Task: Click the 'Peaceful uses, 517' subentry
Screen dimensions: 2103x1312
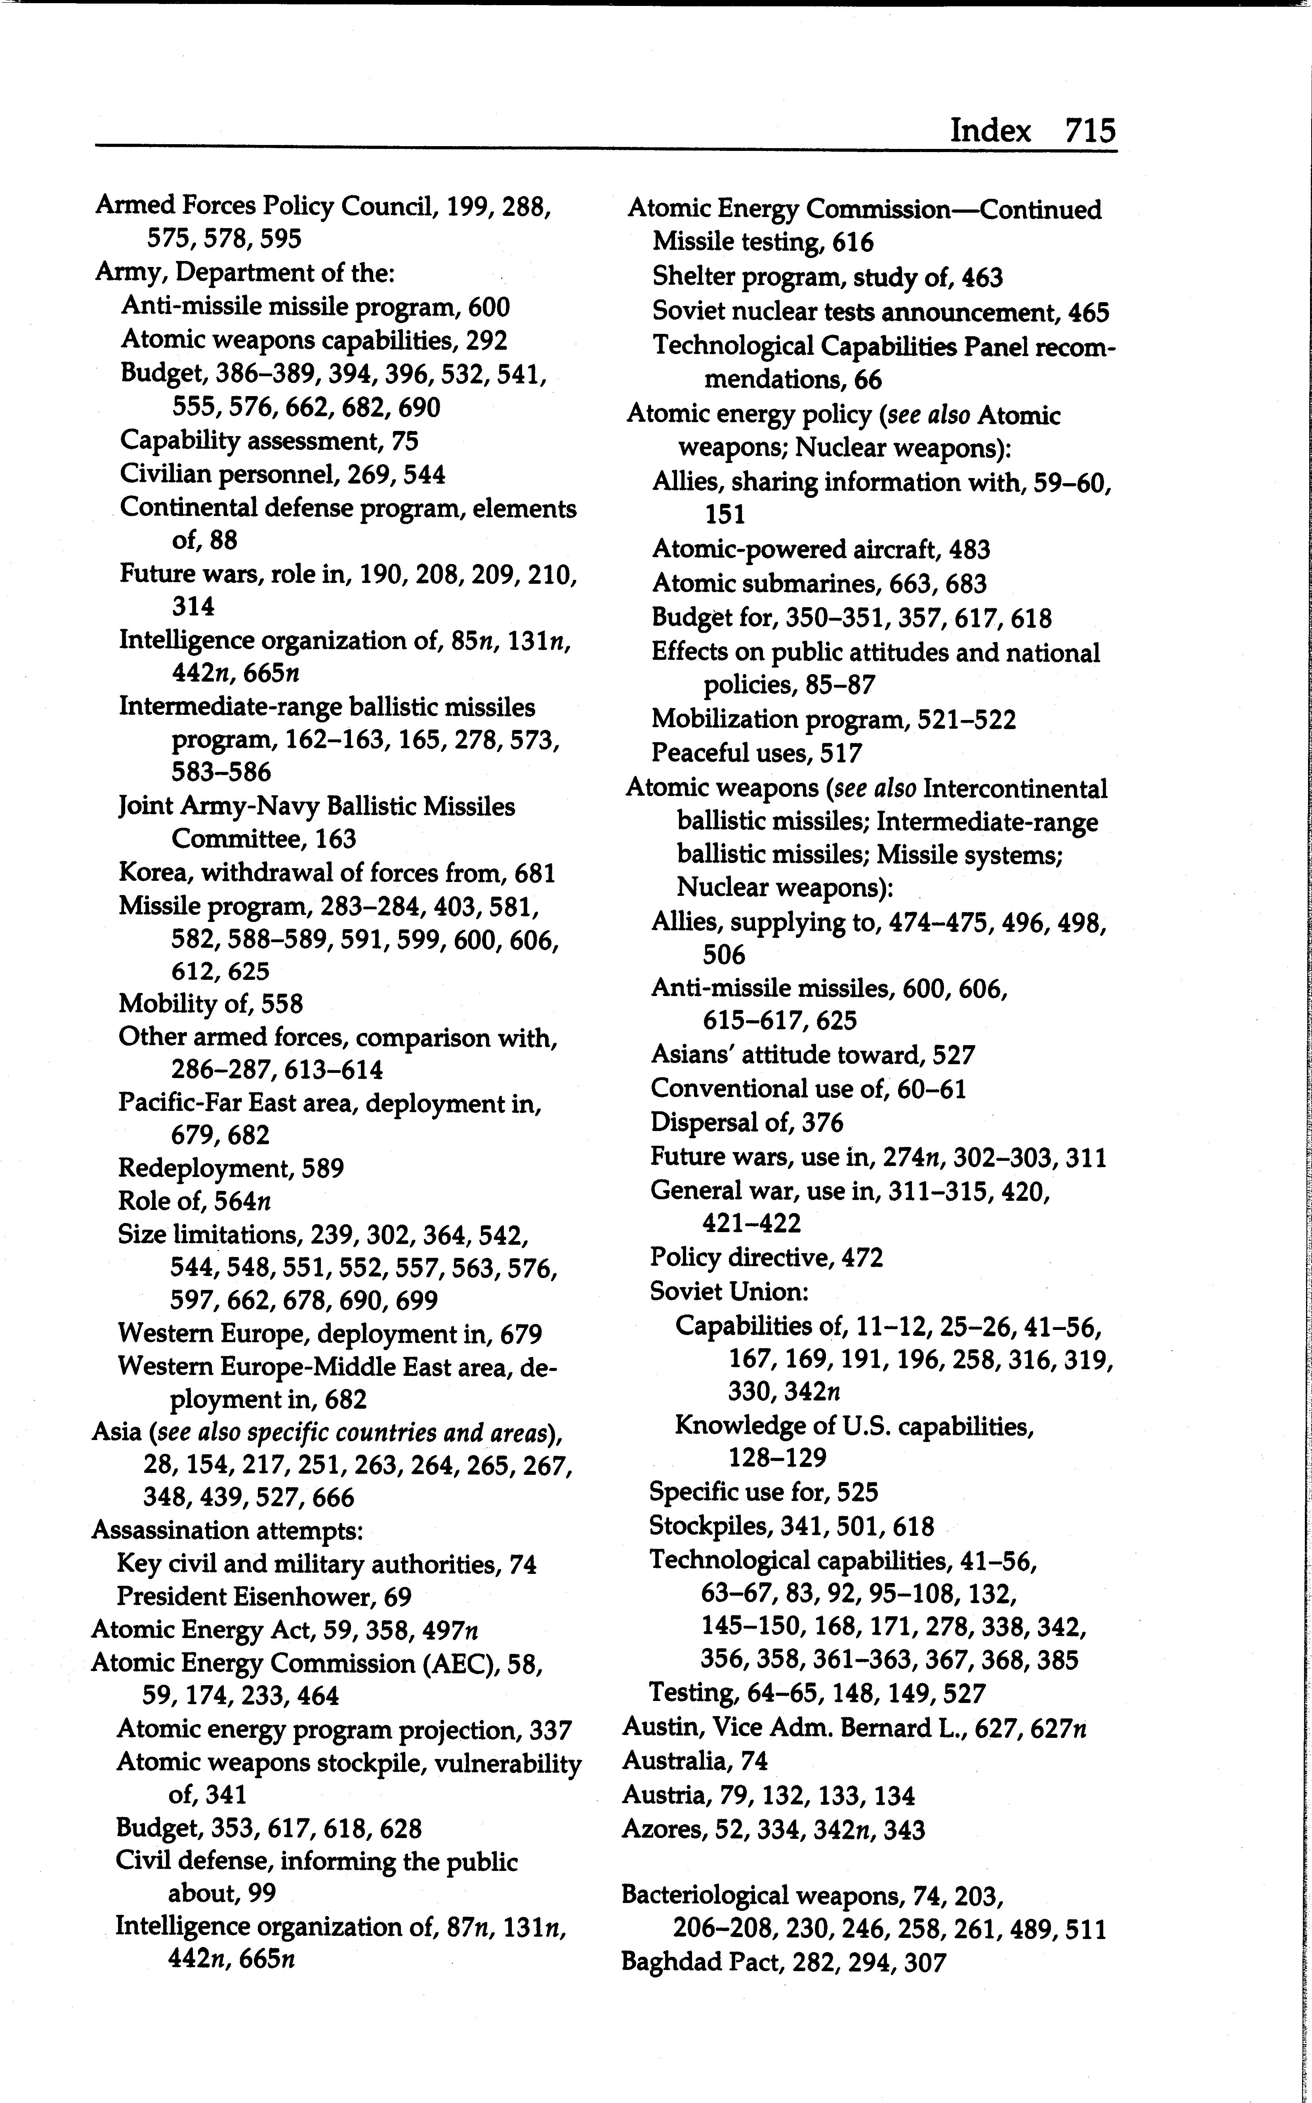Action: coord(757,753)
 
